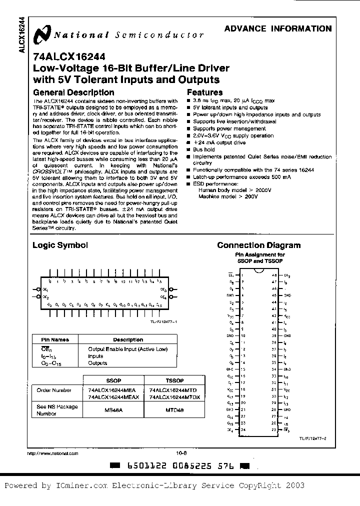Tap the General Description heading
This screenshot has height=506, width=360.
pos(73,92)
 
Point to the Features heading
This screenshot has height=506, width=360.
pos(204,92)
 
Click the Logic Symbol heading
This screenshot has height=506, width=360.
pos(60,245)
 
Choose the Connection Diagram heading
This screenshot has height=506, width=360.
pos(258,245)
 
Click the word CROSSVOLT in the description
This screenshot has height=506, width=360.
pos(47,171)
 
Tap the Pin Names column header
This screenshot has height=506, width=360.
pos(51,339)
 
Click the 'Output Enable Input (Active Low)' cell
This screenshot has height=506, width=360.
pos(127,349)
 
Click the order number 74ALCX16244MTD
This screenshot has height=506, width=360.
pos(173,390)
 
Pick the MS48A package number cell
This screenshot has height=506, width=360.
pos(113,410)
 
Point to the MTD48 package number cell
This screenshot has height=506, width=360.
pos(173,410)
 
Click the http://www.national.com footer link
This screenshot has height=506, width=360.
pos(52,453)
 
